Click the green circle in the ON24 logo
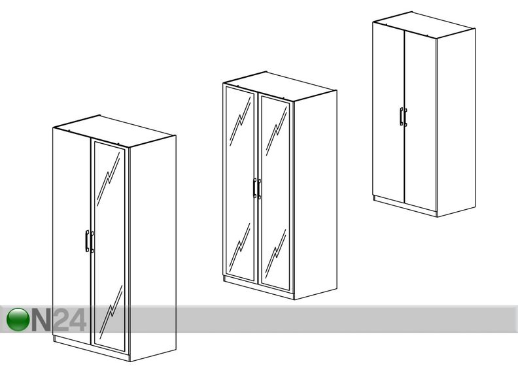coord(18,320)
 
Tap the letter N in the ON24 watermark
coord(42,320)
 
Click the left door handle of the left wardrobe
coord(87,241)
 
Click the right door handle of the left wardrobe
coord(92,242)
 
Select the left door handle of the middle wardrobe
coord(254,188)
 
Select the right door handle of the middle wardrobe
coord(260,189)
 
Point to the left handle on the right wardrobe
coord(401,116)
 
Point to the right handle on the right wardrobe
coord(406,118)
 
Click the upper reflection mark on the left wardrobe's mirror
coord(109,179)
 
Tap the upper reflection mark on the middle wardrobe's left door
coord(240,122)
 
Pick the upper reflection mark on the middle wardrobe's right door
coord(276,131)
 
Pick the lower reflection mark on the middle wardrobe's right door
coord(275,254)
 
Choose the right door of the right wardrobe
coord(421,122)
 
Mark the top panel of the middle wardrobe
coord(280,86)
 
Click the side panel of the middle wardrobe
coord(315,195)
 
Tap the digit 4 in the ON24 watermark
coord(78,320)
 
